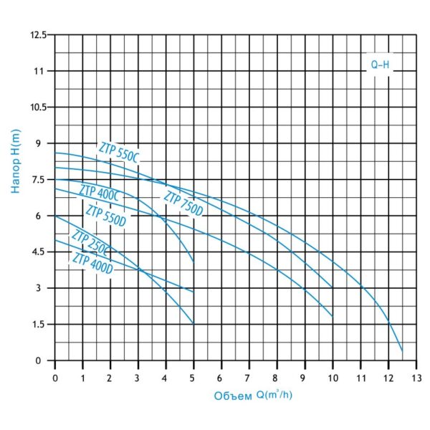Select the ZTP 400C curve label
pos(100,193)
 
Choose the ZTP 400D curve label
pos(92,263)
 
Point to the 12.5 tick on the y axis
pos(38,35)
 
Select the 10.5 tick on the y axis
pos(38,107)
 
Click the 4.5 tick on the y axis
pos(41,252)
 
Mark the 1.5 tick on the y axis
pos(41,325)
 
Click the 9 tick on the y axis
pos(44,143)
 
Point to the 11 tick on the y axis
pos(42,71)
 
